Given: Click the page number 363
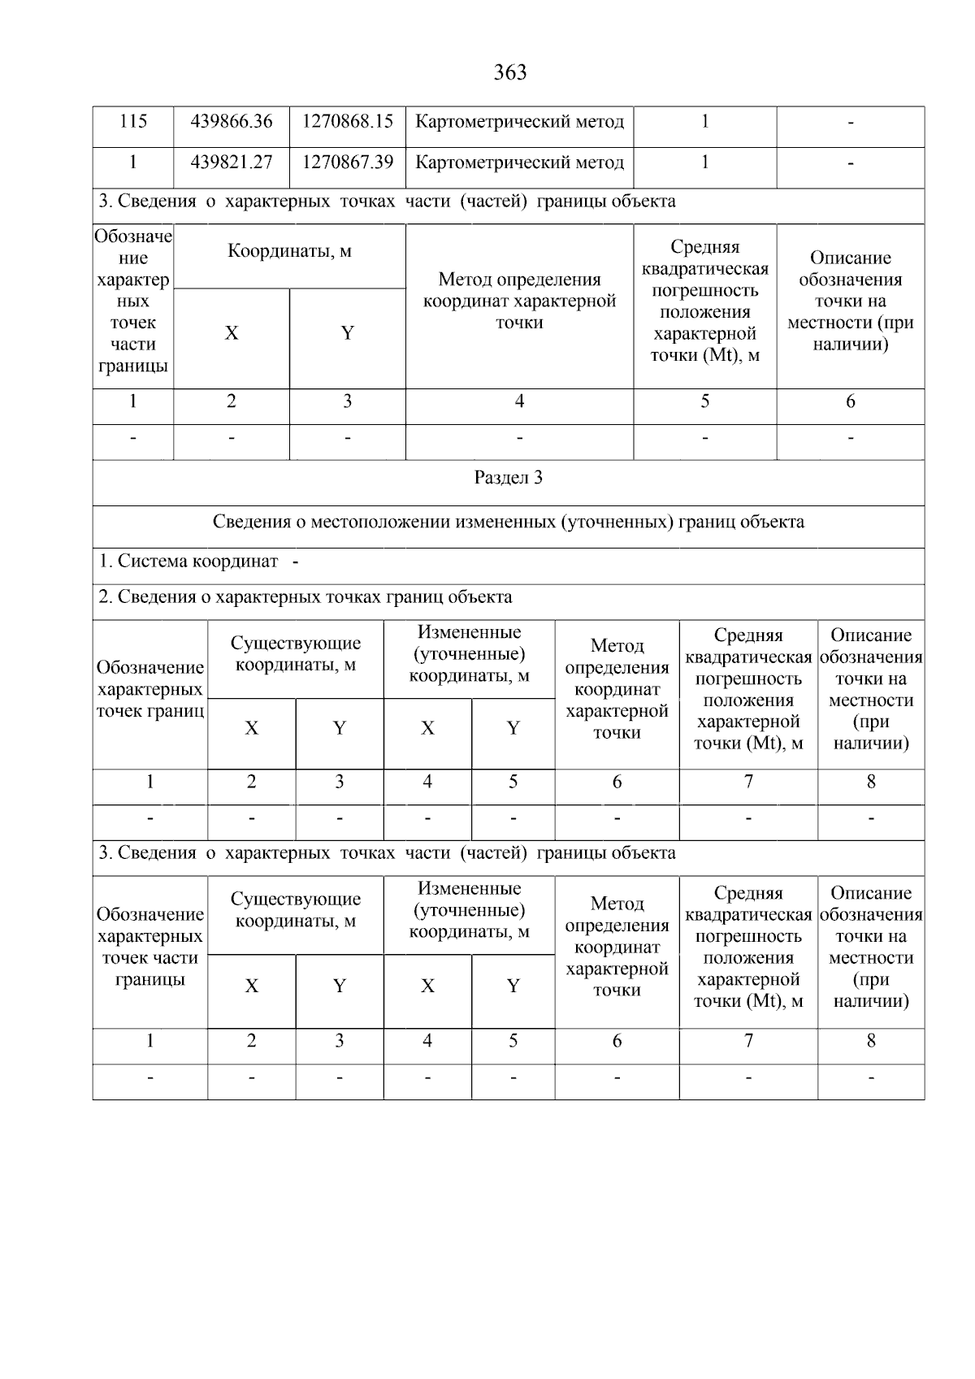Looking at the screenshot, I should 509,73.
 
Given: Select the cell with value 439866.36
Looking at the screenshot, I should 232,122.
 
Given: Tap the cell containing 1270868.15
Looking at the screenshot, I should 348,122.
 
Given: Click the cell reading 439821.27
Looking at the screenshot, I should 232,163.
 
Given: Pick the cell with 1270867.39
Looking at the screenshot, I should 348,163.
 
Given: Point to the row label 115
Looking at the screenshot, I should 133,122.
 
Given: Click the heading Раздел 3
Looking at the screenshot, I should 509,478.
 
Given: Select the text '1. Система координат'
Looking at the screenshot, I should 188,562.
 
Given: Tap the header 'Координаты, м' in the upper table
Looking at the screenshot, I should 289,251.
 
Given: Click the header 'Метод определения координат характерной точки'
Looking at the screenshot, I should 519,301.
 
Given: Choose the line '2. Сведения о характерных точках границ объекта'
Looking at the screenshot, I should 305,597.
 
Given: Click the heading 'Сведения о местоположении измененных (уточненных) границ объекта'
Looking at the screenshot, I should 509,522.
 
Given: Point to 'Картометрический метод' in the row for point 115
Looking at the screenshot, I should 519,122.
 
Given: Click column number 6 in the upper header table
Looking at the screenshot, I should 850,401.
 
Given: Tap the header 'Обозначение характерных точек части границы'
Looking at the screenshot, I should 149,948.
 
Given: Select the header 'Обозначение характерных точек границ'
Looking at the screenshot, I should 149,689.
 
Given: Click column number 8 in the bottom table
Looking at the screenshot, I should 871,1041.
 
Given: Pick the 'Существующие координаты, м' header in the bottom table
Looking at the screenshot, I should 295,910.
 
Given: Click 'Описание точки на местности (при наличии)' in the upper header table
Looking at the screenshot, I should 850,301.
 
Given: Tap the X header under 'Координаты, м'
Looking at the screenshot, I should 232,334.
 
